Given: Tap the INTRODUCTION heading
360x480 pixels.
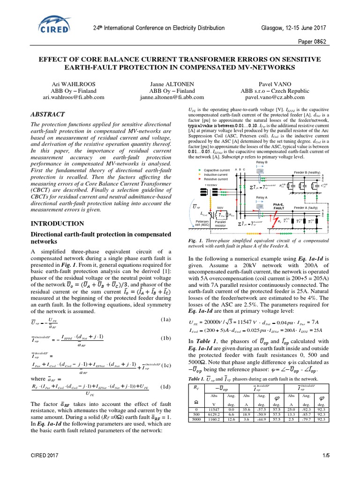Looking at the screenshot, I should point(57,224).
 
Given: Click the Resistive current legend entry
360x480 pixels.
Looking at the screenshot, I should point(215,179).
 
